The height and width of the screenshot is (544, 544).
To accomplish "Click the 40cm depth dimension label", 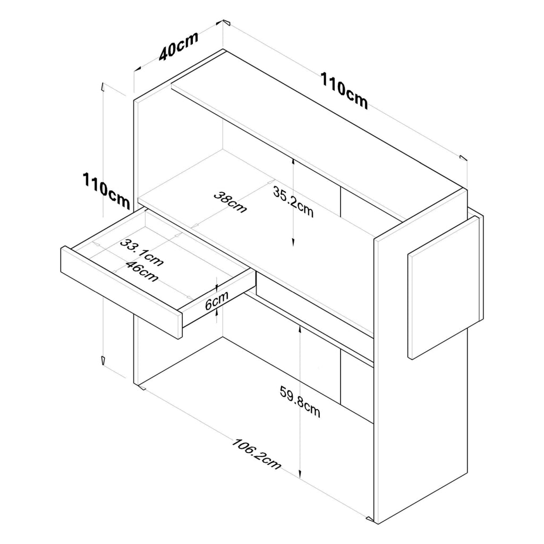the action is click(x=178, y=46).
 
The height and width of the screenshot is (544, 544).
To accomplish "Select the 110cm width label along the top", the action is click(x=344, y=90).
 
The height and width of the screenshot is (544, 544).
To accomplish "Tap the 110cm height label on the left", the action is click(x=106, y=191).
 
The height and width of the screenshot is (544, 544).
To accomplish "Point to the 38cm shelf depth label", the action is click(x=230, y=202).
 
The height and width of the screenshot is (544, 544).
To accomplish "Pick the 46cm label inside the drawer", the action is click(x=142, y=271).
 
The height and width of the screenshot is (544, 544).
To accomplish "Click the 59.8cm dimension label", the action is click(x=300, y=402).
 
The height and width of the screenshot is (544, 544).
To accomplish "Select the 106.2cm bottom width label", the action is click(x=256, y=454).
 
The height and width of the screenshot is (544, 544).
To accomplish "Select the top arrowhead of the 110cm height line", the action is click(x=103, y=87).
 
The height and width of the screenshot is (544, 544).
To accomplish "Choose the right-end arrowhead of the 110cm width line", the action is click(x=463, y=158).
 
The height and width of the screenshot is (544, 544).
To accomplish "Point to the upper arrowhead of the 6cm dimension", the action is click(x=217, y=287).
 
